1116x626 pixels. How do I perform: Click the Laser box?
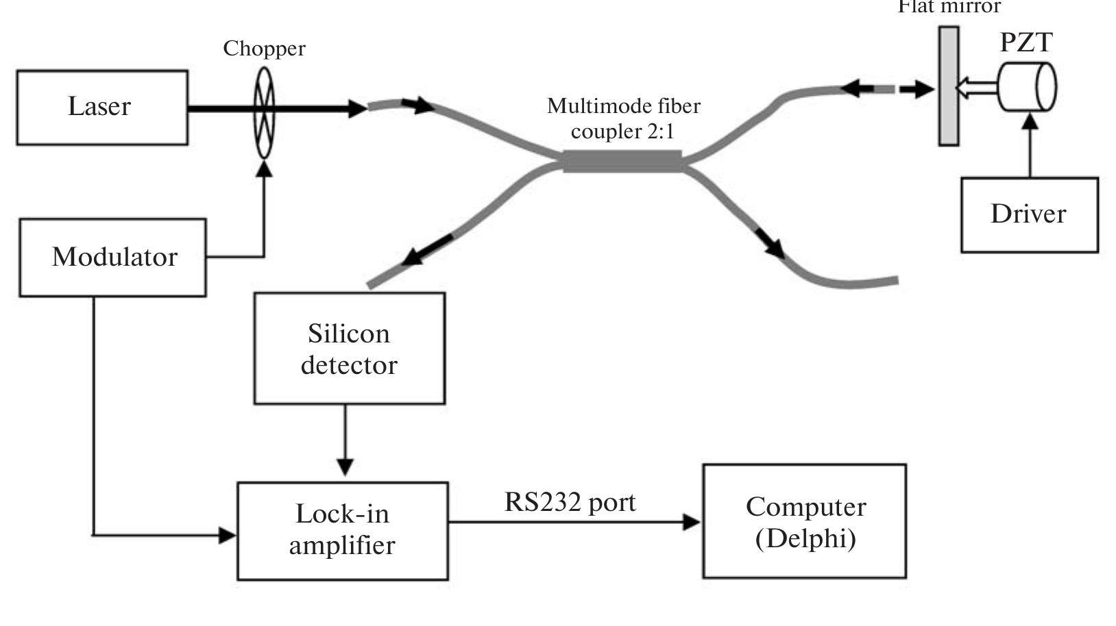click(x=102, y=108)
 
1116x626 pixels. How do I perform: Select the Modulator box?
click(x=112, y=258)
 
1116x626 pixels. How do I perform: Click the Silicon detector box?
click(x=349, y=349)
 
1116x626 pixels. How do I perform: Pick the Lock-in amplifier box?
click(x=342, y=531)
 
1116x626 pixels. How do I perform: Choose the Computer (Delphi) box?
click(x=804, y=521)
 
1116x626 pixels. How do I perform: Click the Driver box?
click(x=1029, y=215)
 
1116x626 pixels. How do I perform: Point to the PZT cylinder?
click(x=1026, y=86)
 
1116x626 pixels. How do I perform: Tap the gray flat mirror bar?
click(x=949, y=86)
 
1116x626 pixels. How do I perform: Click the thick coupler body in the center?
click(x=622, y=162)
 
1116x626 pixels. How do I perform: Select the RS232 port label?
click(x=570, y=502)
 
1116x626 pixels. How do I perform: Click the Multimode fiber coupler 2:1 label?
click(x=623, y=118)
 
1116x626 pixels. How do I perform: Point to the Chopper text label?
click(x=264, y=49)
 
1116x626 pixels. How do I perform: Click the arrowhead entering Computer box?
click(x=692, y=522)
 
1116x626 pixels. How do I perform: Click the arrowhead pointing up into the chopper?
click(x=264, y=168)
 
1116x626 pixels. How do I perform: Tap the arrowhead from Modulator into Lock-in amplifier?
click(x=227, y=535)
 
